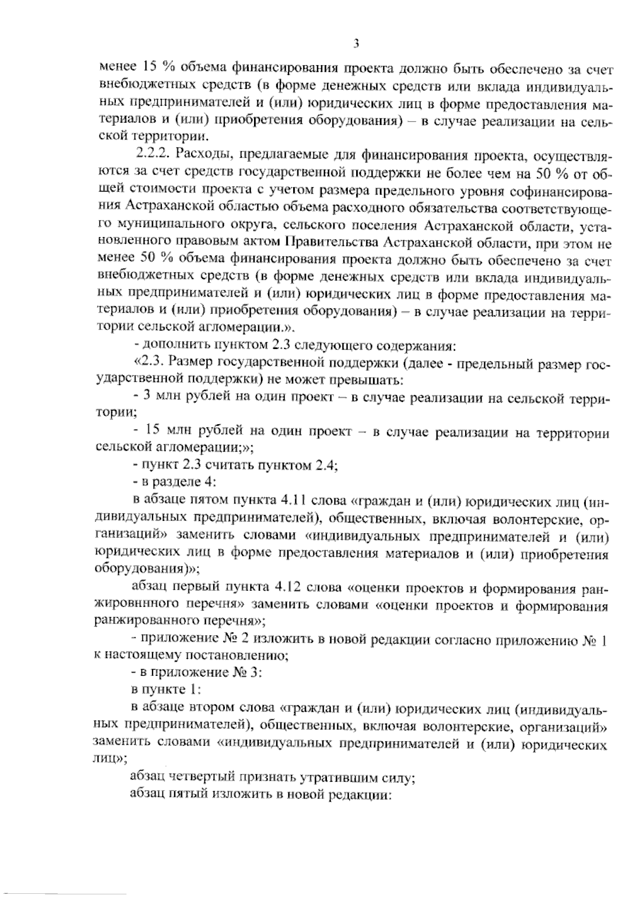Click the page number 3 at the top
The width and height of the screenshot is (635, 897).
pos(356,44)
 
